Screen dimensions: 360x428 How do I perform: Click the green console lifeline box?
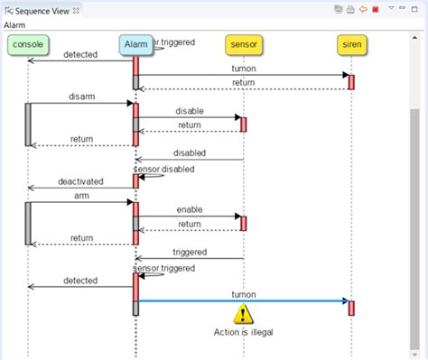29,44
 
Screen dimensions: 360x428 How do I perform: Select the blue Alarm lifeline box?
135,44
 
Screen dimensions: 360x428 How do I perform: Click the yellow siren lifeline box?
351,44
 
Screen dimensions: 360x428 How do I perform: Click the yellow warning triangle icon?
244,314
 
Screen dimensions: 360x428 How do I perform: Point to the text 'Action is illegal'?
243,332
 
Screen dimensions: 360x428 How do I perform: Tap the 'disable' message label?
189,112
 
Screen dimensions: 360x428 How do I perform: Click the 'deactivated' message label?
81,181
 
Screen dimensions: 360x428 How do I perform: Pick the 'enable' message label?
189,209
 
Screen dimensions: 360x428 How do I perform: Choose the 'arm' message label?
81,195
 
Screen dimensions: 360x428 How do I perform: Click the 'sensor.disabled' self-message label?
163,169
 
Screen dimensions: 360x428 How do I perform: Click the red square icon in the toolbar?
375,9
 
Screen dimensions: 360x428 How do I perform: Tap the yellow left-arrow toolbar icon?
362,9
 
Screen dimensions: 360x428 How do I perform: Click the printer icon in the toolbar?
349,9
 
